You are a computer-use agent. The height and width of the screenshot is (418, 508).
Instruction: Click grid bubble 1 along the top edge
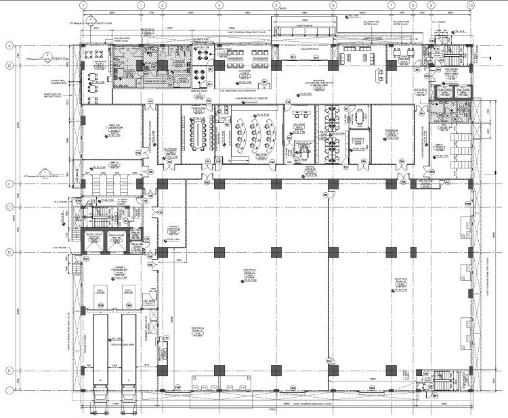83,5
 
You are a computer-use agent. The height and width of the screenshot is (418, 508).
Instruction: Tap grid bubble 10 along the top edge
470,5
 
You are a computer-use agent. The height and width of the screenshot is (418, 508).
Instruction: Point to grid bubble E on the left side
10,371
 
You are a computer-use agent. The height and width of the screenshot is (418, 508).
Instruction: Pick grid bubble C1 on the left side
10,206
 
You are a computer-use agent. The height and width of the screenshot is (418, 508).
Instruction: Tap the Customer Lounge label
244,71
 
